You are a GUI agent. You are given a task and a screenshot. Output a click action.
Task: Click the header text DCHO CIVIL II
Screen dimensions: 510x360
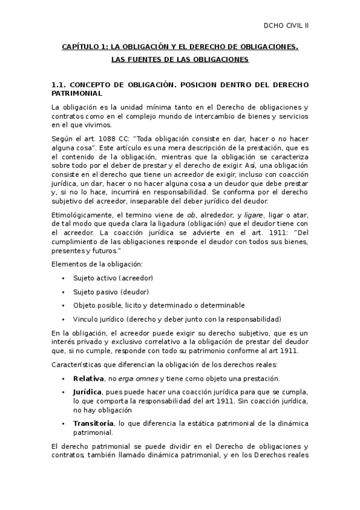tap(286, 25)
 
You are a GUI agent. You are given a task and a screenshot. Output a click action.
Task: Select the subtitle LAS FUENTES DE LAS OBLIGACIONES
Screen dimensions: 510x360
tap(180, 60)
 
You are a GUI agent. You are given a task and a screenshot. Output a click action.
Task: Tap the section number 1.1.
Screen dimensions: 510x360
tap(60, 85)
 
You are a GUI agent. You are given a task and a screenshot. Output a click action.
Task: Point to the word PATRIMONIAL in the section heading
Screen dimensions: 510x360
tap(77, 94)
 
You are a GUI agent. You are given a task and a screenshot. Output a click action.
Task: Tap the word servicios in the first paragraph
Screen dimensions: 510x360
tap(291, 116)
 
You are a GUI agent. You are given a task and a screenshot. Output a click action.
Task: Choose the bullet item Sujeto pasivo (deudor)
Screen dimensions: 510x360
tap(111, 292)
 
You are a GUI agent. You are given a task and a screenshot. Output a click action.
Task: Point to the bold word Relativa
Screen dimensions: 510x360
tap(88, 378)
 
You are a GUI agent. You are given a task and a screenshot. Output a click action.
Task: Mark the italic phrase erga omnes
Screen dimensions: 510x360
tap(138, 378)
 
